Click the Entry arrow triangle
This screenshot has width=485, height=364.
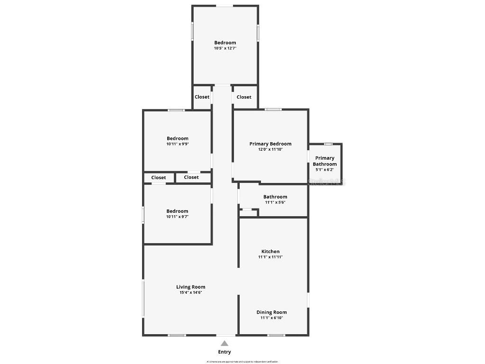[x=225, y=344]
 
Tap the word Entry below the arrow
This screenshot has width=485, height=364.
[x=225, y=352]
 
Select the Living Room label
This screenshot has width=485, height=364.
[x=191, y=287]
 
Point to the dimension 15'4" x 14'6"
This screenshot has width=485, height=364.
[x=191, y=292]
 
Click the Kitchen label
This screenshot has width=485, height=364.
[x=270, y=251]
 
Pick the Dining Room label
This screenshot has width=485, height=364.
[x=272, y=312]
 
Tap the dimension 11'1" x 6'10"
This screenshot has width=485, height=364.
[x=272, y=318]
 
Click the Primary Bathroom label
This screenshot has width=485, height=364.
[x=325, y=161]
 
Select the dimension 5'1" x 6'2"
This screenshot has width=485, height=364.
[x=325, y=170]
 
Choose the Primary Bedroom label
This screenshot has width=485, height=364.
[x=270, y=144]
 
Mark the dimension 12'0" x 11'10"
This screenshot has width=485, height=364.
[x=270, y=149]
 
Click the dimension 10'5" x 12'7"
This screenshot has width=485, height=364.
[x=225, y=48]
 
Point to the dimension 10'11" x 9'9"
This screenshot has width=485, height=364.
[x=178, y=144]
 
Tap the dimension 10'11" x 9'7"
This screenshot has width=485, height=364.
[x=178, y=217]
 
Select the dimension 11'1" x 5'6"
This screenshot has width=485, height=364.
[x=275, y=202]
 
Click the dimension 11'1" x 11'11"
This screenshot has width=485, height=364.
[x=270, y=257]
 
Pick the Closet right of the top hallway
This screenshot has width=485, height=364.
[x=244, y=97]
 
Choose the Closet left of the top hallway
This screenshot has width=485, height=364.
[x=202, y=97]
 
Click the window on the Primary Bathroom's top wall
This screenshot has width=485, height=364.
[x=328, y=144]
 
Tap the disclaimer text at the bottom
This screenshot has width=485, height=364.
[x=242, y=362]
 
